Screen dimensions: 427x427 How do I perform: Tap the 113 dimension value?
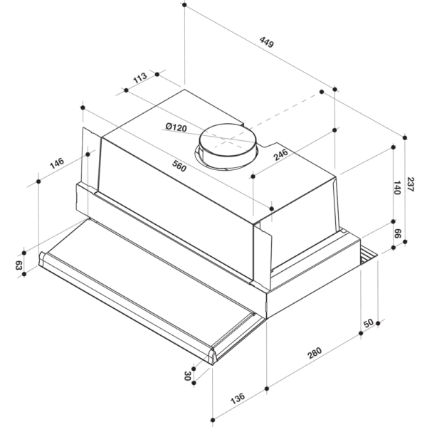(x=139, y=76)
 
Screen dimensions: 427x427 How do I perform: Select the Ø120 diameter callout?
(x=175, y=128)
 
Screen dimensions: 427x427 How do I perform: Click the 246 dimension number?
(x=280, y=153)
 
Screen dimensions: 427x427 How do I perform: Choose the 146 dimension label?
(x=57, y=162)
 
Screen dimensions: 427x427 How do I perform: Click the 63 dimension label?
(x=19, y=265)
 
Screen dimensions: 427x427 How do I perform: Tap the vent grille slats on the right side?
(x=367, y=254)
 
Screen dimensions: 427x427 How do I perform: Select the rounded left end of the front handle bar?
(x=44, y=259)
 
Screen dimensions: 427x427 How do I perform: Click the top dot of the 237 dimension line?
(x=404, y=137)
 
